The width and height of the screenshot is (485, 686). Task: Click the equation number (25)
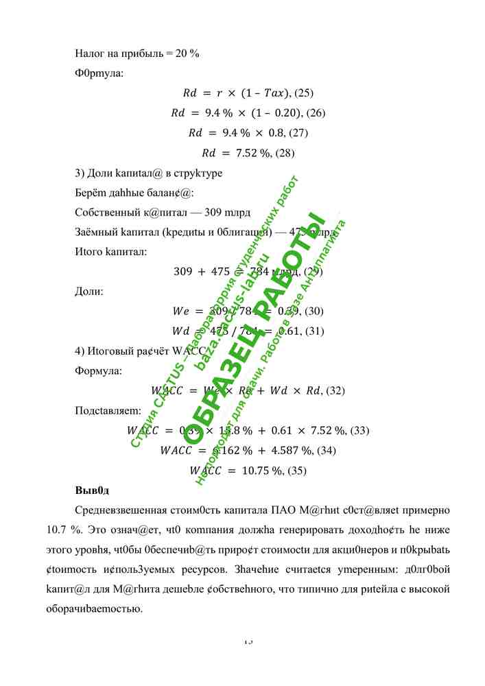click(303, 93)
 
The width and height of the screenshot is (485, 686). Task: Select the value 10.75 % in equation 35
click(262, 471)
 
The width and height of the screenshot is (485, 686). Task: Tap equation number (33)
click(359, 431)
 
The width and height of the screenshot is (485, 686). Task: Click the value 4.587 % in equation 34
click(300, 451)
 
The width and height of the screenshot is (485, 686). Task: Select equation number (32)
click(335, 391)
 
